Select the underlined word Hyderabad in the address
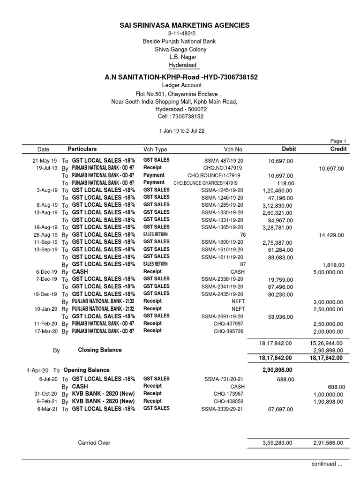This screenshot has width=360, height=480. point(183,65)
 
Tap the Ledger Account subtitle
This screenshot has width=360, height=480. point(181,85)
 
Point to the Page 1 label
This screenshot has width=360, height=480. point(338,141)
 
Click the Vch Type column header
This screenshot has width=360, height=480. point(155,149)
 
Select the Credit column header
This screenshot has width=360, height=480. point(338,149)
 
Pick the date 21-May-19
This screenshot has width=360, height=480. point(45,160)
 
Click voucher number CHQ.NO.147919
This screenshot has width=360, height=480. point(223,168)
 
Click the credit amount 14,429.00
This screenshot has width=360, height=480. point(331,235)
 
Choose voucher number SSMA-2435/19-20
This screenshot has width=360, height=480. point(222,294)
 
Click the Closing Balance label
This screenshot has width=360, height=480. point(99,350)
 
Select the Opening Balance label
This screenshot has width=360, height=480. point(86,370)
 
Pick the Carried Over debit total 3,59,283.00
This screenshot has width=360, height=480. point(277,442)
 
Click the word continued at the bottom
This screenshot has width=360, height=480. point(323,464)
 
